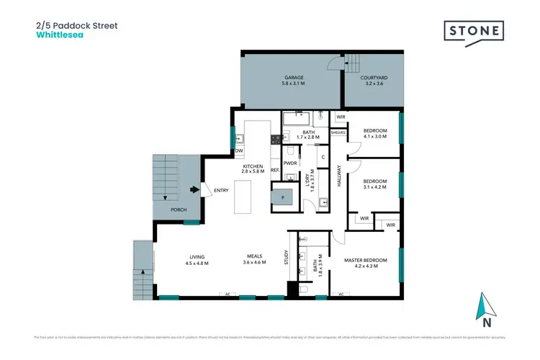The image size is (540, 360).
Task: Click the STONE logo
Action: click(474, 31)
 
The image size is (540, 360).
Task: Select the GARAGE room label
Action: click(293, 77)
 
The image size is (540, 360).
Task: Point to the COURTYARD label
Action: click(374, 77)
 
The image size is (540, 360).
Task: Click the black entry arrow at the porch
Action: click(194, 190)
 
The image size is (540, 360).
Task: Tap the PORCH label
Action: click(179, 210)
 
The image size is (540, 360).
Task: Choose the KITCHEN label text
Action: click(253, 166)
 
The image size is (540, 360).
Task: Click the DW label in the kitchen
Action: click(238, 150)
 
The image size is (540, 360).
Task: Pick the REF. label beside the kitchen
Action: click(275, 170)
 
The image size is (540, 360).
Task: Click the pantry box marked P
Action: click(282, 196)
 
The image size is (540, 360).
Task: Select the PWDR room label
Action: click(290, 163)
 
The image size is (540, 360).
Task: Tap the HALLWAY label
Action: click(338, 177)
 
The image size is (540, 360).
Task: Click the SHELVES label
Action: click(338, 132)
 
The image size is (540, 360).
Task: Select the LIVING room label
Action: click(197, 257)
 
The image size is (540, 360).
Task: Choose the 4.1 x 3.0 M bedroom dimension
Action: click(375, 137)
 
